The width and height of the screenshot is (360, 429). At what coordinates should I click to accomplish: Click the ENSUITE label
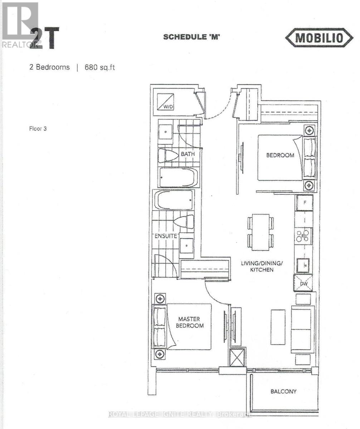coord(166,236)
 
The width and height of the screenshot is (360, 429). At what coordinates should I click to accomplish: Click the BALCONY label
coord(283,391)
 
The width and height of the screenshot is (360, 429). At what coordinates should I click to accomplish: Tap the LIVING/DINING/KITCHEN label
coord(262,266)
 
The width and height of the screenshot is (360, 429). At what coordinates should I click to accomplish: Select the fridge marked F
coord(304,203)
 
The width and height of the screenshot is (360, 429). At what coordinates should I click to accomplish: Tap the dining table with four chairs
coord(261,232)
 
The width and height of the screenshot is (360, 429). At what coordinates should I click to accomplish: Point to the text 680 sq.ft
coord(99,67)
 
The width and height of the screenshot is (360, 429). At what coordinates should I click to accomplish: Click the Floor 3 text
coord(38,129)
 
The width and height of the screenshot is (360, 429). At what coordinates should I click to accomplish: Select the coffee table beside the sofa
coord(278,327)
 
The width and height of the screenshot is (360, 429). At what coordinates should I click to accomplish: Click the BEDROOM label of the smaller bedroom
coord(280,155)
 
